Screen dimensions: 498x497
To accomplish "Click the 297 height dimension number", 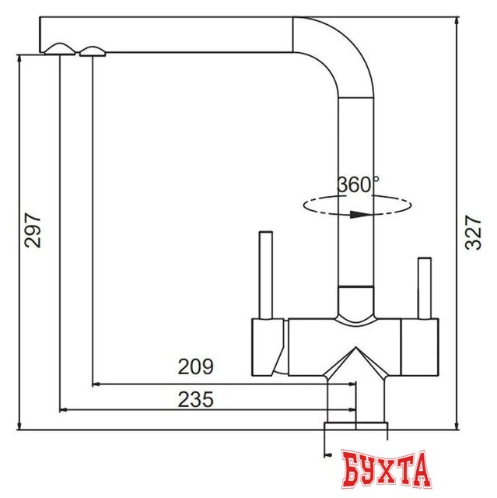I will (32, 230).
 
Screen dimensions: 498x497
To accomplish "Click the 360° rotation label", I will (358, 185).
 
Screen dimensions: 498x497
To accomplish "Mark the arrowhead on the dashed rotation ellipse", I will (358, 216).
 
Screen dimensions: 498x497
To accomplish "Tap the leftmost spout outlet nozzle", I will (61, 51).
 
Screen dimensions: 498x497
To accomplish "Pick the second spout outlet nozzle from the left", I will (92, 52).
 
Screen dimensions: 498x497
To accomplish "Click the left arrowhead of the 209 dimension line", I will (96, 383).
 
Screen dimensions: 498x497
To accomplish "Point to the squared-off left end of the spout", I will (44, 34).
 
